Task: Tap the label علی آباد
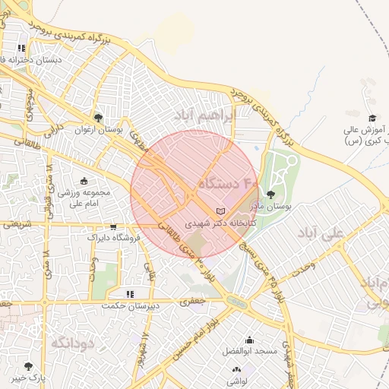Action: click(321, 232)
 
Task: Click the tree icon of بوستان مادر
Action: click(271, 195)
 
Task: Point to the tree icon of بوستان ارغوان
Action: click(98, 118)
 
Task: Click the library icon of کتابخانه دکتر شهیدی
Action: click(221, 210)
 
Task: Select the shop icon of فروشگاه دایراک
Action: click(113, 226)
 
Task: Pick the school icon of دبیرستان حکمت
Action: click(130, 293)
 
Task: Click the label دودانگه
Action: click(72, 343)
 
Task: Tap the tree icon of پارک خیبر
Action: click(29, 366)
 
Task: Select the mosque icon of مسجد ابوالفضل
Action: click(249, 340)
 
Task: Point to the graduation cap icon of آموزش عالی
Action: click(372, 118)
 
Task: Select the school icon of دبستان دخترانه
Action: click(32, 47)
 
